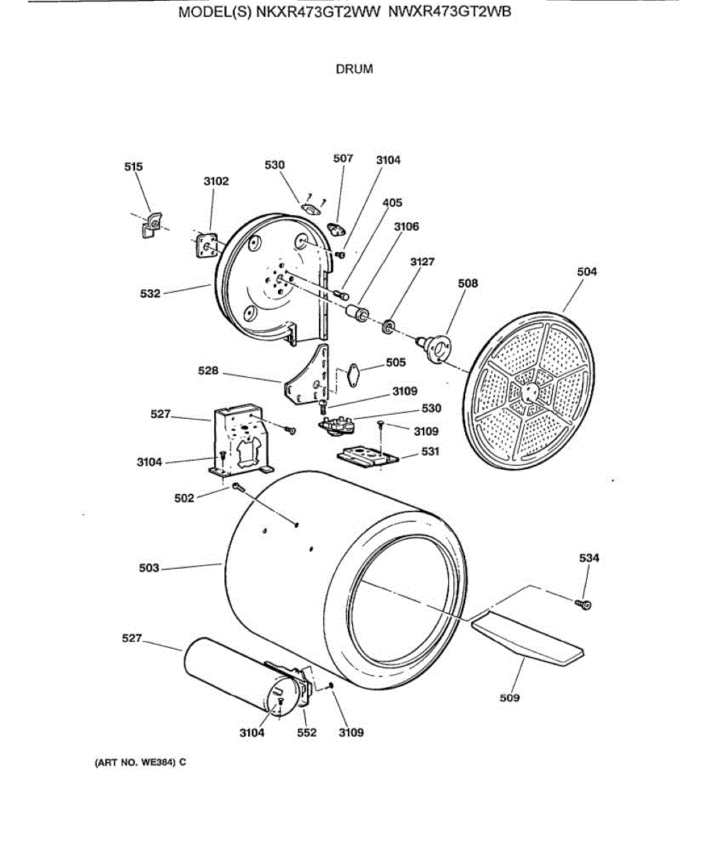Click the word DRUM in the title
[354, 69]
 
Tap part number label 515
[133, 167]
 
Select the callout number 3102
[216, 181]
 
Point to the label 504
[587, 272]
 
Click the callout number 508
[468, 283]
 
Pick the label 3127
[422, 262]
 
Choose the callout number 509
[509, 698]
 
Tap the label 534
[589, 558]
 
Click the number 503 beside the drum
[149, 568]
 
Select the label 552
[307, 733]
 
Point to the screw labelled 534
[584, 604]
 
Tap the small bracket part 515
[151, 225]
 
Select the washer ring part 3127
[387, 328]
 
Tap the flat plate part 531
[368, 456]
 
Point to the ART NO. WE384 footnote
[140, 763]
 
